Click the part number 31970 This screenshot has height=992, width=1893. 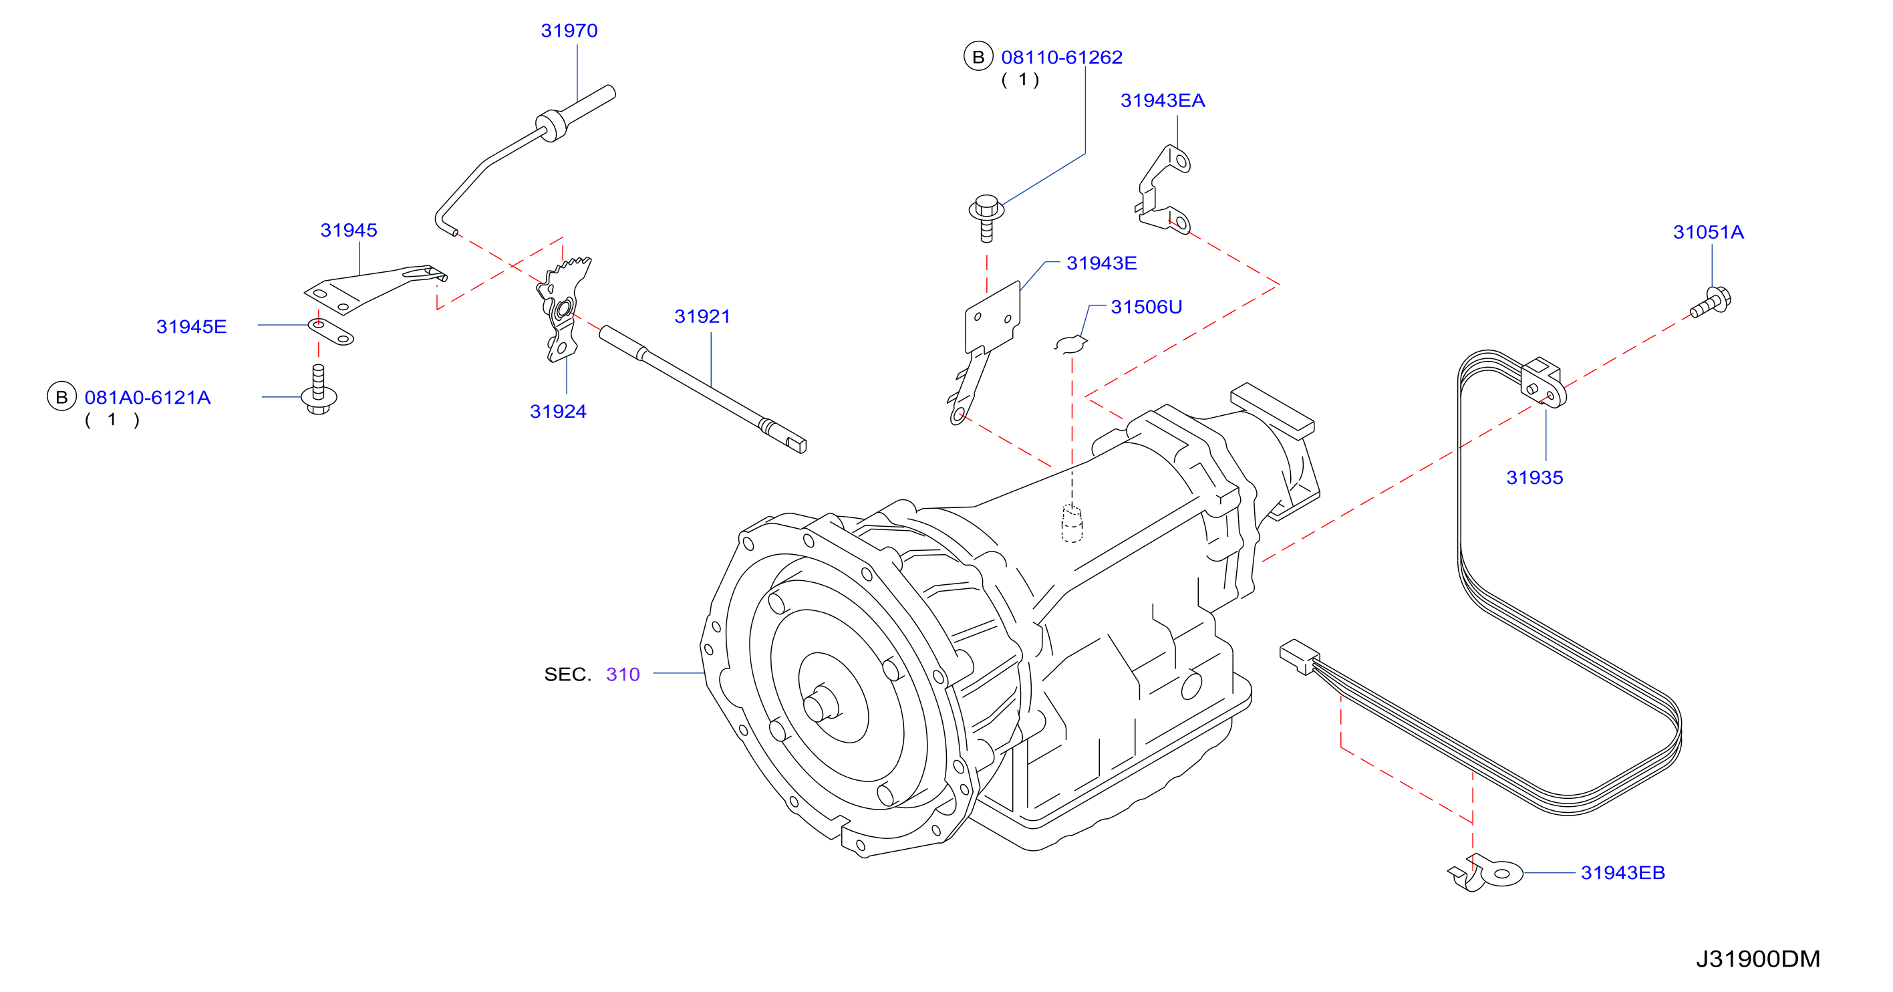pos(569,31)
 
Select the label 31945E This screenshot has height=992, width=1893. pos(191,326)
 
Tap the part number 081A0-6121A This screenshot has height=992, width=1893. pos(147,398)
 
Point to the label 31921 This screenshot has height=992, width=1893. pos(702,316)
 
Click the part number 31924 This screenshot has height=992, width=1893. pos(558,412)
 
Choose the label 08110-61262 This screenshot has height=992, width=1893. pos(1061,57)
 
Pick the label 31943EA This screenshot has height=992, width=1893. pos(1162,101)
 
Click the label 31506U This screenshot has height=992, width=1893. pos(1146,307)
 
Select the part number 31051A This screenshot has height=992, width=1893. pos(1708,233)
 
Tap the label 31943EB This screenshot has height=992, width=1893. pos(1622,873)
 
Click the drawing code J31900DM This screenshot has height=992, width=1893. pos(1758,959)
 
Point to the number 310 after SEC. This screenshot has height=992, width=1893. pos(623,674)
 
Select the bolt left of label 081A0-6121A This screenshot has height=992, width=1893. pos(319,390)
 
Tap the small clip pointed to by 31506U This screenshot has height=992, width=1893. pos(1070,344)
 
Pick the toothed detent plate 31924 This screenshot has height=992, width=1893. pos(563,309)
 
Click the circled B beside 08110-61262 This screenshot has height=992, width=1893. pos(978,57)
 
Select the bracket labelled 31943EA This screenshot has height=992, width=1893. pos(1163,189)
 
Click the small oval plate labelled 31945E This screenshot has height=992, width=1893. pos(330,332)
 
